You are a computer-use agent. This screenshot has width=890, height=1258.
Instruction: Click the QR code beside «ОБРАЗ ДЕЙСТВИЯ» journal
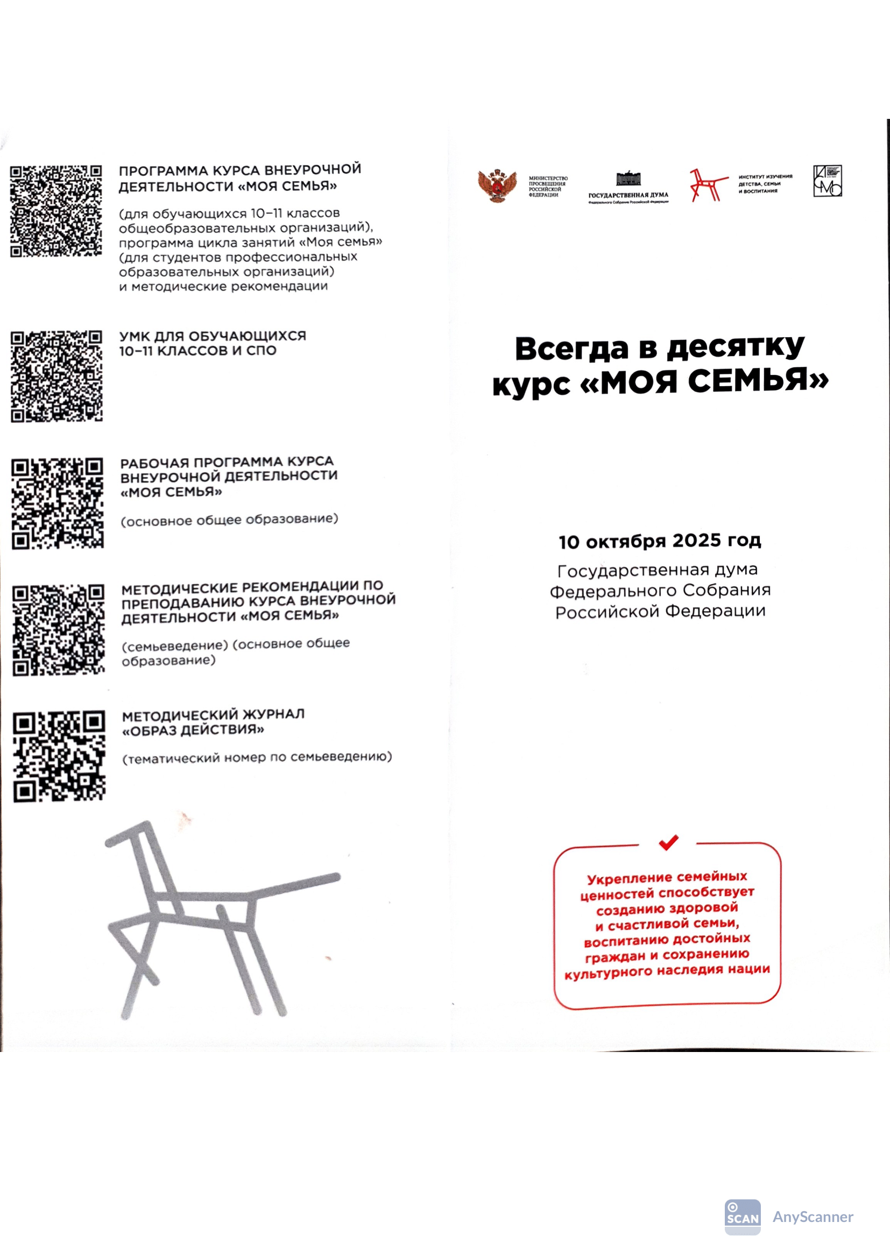[x=59, y=757]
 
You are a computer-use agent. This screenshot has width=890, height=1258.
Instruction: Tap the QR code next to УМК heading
[x=56, y=376]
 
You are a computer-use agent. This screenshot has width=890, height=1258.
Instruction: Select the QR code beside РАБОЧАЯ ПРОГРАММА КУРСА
[x=58, y=503]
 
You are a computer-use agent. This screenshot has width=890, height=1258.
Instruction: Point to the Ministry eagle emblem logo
[x=497, y=185]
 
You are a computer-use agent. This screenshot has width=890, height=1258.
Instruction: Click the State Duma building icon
[x=628, y=179]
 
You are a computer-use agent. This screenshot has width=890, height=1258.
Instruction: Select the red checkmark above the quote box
[x=668, y=842]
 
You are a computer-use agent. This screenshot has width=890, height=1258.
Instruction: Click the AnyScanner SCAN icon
[x=743, y=1218]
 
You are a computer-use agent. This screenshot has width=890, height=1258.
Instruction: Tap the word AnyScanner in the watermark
[x=813, y=1218]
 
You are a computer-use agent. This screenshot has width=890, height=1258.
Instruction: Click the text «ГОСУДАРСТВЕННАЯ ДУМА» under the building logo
[x=628, y=195]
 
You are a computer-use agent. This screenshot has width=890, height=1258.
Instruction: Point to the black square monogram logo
[x=827, y=181]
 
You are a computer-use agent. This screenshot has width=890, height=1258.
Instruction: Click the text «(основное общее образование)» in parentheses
[x=229, y=520]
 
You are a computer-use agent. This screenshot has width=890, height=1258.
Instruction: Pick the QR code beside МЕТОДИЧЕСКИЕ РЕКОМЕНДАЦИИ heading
[x=58, y=630]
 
